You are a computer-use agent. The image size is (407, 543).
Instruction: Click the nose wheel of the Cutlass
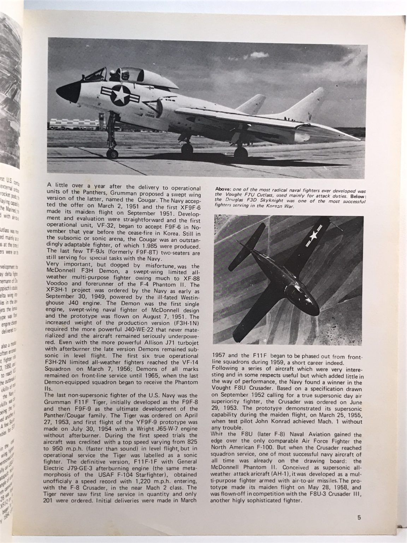[x=113, y=153]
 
